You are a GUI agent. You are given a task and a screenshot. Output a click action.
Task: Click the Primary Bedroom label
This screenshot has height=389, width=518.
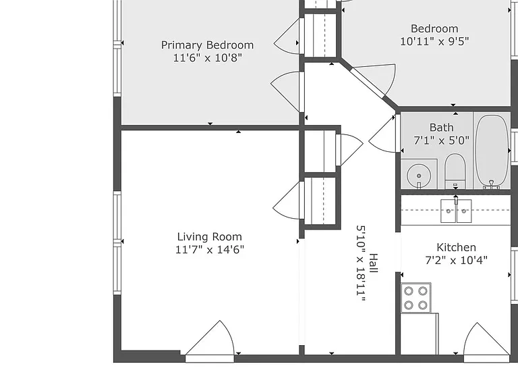coord(208,45)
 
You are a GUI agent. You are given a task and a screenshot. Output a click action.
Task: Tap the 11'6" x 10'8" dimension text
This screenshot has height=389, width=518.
coord(208,58)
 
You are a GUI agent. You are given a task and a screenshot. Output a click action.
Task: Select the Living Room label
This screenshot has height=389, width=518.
coord(210,237)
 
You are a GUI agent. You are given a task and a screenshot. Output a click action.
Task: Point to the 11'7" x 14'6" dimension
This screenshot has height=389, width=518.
coord(210,249)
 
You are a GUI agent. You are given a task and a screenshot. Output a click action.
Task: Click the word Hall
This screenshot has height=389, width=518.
coord(373,263)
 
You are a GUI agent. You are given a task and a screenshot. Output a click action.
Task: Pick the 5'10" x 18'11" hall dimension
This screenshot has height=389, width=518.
coord(361,263)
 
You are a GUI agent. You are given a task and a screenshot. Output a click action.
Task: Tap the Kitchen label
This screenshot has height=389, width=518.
coord(456,247)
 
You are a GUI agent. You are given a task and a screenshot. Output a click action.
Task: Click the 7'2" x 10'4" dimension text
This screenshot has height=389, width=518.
coord(456,260)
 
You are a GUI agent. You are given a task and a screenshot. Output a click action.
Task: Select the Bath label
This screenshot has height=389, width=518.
coord(441,128)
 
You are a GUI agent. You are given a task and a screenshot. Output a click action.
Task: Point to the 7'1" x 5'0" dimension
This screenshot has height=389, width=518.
coord(441,140)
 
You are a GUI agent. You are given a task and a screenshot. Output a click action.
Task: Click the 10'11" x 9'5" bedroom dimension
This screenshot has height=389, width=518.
coord(434,41)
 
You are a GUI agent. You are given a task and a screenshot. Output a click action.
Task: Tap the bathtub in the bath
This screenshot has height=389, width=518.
coord(492,151)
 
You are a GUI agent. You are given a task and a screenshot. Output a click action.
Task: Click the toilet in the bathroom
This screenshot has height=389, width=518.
coord(455,172)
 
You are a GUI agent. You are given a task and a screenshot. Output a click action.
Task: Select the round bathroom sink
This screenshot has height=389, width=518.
coord(419,176)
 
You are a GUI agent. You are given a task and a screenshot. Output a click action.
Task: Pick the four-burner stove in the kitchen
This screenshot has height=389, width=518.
coord(416,297)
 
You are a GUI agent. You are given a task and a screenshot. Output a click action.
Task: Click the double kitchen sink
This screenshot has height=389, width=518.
coord(456,211)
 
